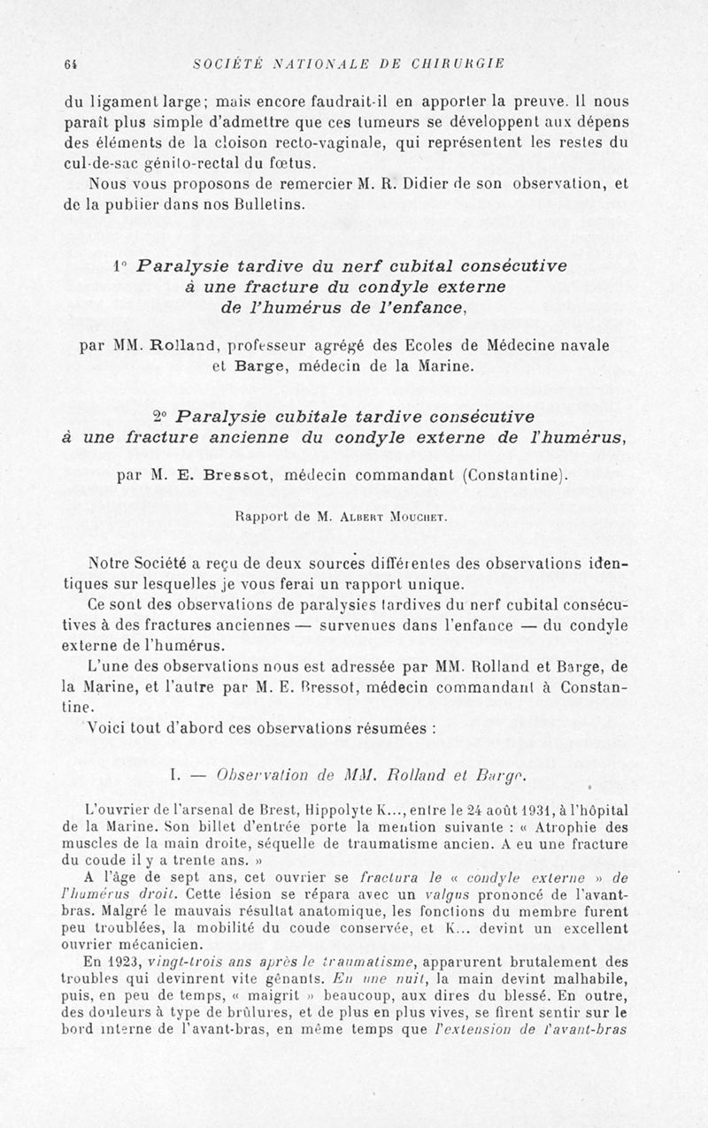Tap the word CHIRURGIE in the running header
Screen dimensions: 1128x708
pos(458,63)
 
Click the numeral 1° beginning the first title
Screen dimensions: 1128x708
pos(121,266)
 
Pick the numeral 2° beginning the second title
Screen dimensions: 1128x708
pos(159,416)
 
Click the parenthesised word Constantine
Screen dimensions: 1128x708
pos(514,474)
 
